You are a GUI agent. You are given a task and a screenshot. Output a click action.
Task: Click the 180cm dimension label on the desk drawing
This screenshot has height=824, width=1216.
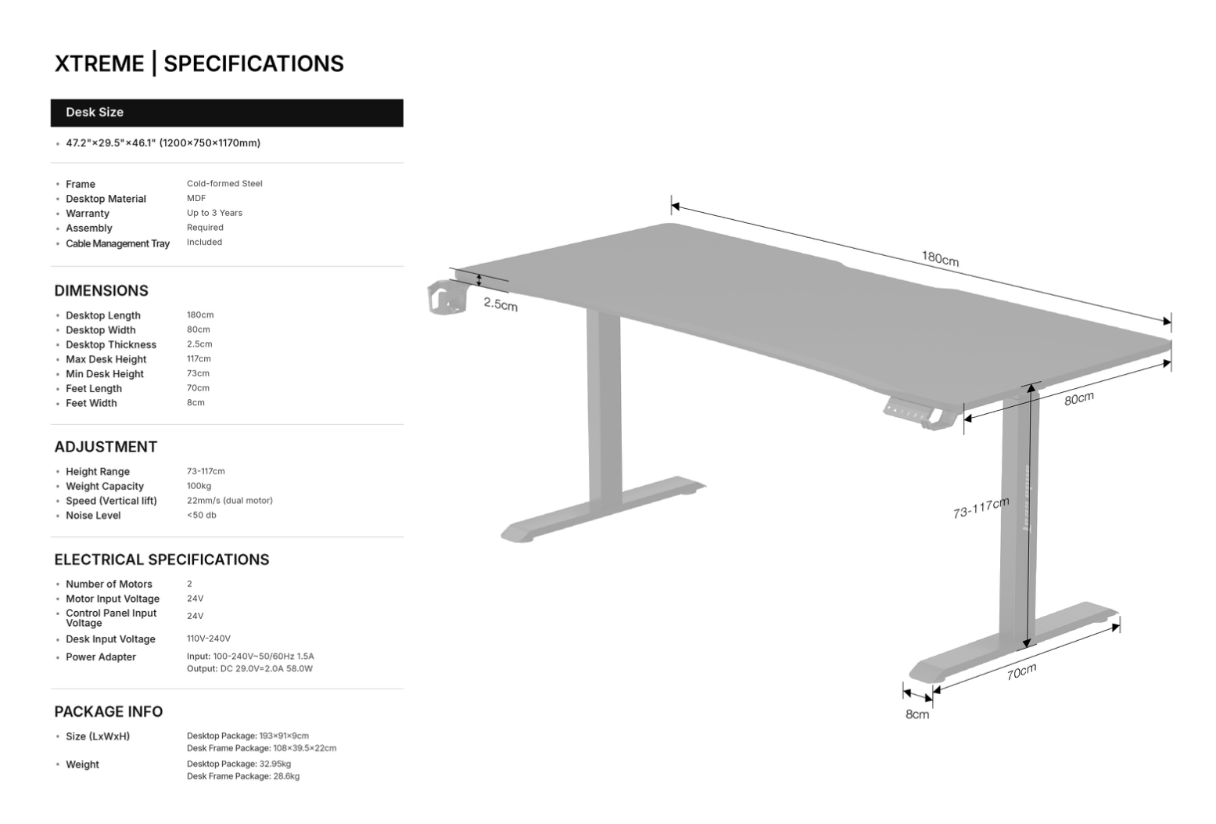pyautogui.click(x=939, y=258)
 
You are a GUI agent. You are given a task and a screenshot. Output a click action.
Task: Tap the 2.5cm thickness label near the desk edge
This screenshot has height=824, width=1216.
pyautogui.click(x=500, y=304)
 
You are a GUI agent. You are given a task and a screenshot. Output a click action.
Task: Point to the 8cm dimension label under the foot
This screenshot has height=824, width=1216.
pyautogui.click(x=917, y=714)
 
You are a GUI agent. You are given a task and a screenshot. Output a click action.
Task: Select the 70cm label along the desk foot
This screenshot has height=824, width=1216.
pyautogui.click(x=1021, y=671)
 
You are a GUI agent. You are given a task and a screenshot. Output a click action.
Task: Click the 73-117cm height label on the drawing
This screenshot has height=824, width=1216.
pyautogui.click(x=981, y=508)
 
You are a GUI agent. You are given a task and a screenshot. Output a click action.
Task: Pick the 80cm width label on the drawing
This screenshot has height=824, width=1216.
pyautogui.click(x=1078, y=398)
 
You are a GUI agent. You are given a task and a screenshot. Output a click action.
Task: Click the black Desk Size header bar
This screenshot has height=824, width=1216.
pyautogui.click(x=227, y=113)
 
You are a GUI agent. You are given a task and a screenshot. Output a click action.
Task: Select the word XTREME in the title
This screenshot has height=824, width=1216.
pyautogui.click(x=99, y=64)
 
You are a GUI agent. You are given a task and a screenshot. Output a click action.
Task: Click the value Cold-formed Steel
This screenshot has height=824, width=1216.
pyautogui.click(x=224, y=184)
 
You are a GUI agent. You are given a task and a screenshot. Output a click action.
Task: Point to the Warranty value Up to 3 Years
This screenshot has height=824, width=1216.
pyautogui.click(x=214, y=213)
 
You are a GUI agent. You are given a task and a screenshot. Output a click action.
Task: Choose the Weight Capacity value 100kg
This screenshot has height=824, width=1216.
pyautogui.click(x=199, y=486)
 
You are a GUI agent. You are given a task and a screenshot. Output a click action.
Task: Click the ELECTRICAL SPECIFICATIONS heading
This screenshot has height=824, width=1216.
pyautogui.click(x=161, y=560)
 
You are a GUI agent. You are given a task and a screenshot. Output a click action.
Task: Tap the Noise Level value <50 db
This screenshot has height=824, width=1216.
pyautogui.click(x=201, y=515)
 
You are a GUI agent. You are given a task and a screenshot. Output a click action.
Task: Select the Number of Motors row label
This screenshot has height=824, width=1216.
pyautogui.click(x=109, y=584)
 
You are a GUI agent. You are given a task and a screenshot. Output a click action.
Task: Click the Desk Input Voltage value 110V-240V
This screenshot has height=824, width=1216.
pyautogui.click(x=208, y=639)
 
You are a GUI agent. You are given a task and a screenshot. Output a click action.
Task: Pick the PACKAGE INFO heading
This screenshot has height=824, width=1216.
pyautogui.click(x=108, y=711)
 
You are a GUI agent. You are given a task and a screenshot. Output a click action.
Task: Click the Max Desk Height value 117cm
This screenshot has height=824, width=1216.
pyautogui.click(x=199, y=358)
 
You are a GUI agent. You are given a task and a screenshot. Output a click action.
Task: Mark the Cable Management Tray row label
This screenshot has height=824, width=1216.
pyautogui.click(x=117, y=243)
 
